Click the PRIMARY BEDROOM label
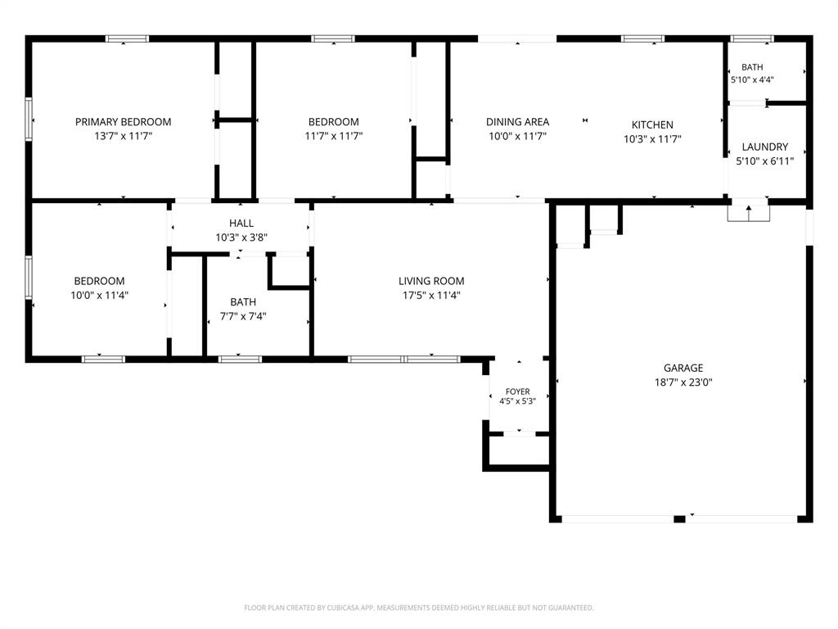pos(123,122)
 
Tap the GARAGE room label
pos(683,368)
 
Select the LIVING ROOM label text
pos(431,281)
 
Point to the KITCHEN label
pos(652,124)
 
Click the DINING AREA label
pos(517,122)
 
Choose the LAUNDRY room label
pos(765,147)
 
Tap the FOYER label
pos(517,391)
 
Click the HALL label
pos(241,223)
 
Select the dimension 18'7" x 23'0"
pos(683,382)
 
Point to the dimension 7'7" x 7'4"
pos(243,316)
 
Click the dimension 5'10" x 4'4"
pos(752,79)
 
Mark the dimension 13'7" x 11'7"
pos(123,136)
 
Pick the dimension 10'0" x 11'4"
pos(99,295)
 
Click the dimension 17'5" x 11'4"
pos(431,295)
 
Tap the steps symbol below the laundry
pos(748,213)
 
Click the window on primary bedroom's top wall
pos(127,38)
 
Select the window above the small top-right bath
pos(751,38)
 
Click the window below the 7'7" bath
pos(240,359)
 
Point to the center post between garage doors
pos(678,518)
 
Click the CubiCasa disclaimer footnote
pos(418,608)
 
